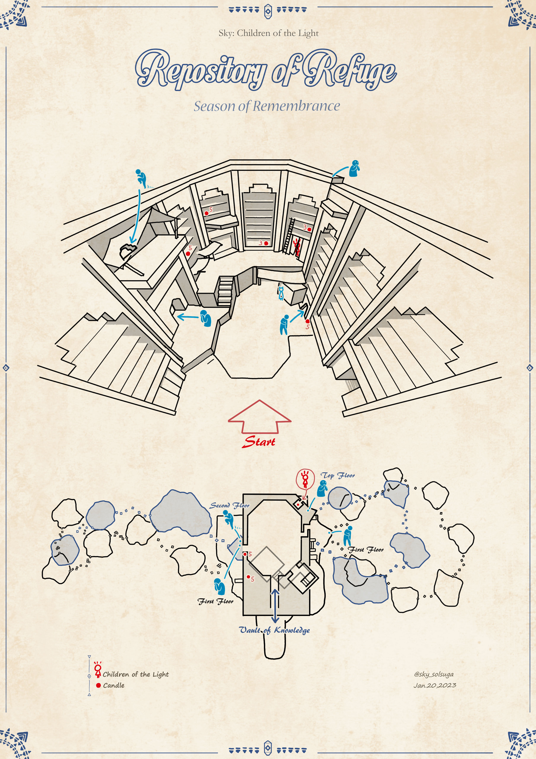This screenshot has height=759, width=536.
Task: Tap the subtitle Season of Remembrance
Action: tap(267, 106)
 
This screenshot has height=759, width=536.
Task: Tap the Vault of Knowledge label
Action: tap(274, 630)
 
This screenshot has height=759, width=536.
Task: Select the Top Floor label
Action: tap(338, 475)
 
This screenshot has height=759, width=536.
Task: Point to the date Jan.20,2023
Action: tap(435, 685)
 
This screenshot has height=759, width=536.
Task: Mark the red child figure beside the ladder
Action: tap(297, 247)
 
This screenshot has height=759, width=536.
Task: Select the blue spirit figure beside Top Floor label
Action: tap(322, 489)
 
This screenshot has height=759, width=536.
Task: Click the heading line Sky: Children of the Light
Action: tap(268, 33)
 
